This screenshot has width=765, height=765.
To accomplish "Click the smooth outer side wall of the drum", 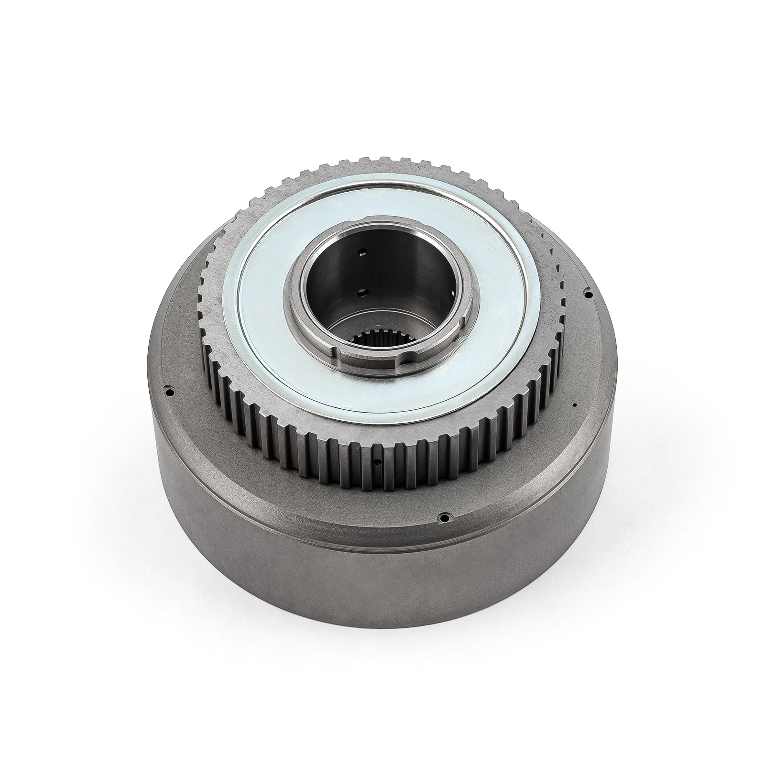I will point(382,622).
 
